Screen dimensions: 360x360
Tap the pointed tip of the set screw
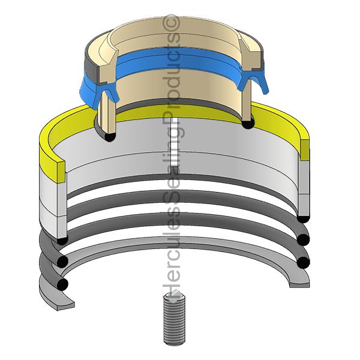tap(176, 291)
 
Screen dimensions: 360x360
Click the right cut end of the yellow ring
tap(305, 150)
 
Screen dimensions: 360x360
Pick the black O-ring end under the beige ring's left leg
tap(110, 137)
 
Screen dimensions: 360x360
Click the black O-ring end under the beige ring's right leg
tap(248, 124)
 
